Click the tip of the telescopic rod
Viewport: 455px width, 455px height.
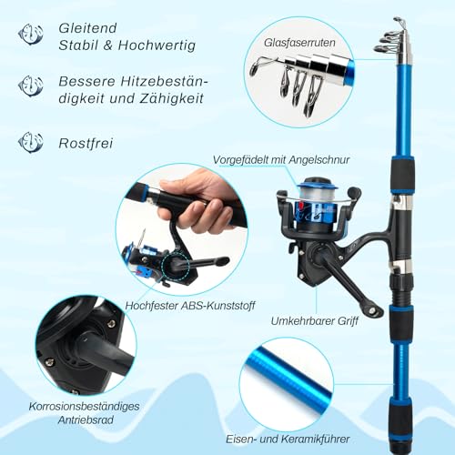(x=398, y=20)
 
